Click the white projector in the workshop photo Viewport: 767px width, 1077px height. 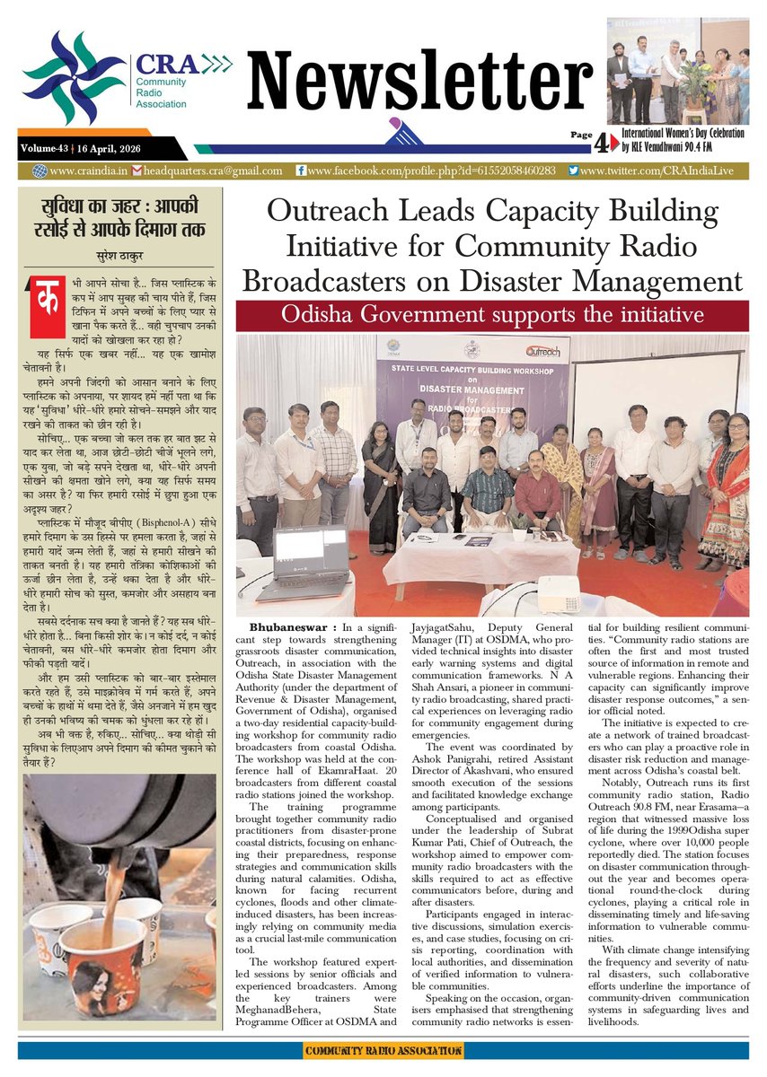coord(559,594)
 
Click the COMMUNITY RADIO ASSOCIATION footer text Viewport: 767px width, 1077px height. coord(383,1050)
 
